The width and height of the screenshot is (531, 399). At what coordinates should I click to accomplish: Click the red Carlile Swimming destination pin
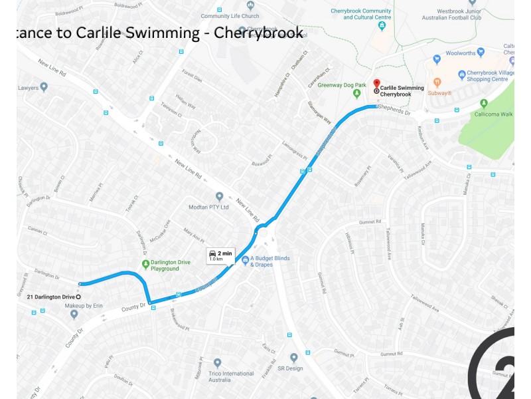376,84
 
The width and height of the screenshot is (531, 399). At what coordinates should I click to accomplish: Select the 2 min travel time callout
220,255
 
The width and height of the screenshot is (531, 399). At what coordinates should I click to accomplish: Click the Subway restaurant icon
437,82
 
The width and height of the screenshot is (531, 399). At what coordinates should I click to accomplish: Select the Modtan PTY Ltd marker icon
220,196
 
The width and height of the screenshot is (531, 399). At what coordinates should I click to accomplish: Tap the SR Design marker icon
293,358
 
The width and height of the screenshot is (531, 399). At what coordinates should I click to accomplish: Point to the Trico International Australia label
230,376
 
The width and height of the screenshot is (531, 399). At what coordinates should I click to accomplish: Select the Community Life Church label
230,16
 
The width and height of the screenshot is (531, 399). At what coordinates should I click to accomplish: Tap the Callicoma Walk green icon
483,103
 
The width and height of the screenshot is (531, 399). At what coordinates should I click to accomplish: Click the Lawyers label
28,87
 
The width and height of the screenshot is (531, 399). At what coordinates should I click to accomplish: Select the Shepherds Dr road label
394,112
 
